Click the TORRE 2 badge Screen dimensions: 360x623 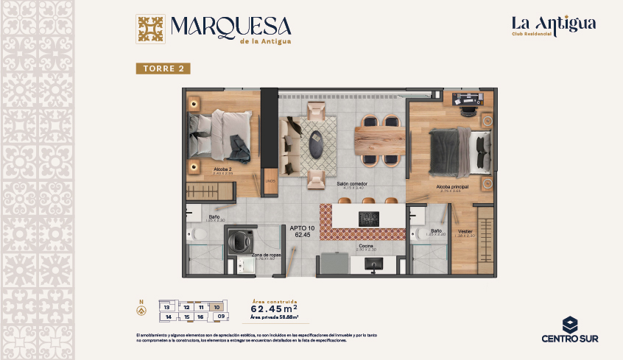click(163, 68)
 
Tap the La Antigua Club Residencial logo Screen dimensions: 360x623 click(554, 26)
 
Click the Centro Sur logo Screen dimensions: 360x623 click(569, 330)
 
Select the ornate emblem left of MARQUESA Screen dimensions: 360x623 click(151, 30)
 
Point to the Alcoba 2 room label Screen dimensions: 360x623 click(223, 169)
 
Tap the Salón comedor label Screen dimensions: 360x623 click(352, 183)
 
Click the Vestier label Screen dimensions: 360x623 click(465, 231)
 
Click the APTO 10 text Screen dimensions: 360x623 click(302, 228)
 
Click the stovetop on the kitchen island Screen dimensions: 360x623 click(367, 219)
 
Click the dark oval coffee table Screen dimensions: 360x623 click(315, 144)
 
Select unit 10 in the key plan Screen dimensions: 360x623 click(217, 306)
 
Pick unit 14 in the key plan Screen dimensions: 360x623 click(169, 317)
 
